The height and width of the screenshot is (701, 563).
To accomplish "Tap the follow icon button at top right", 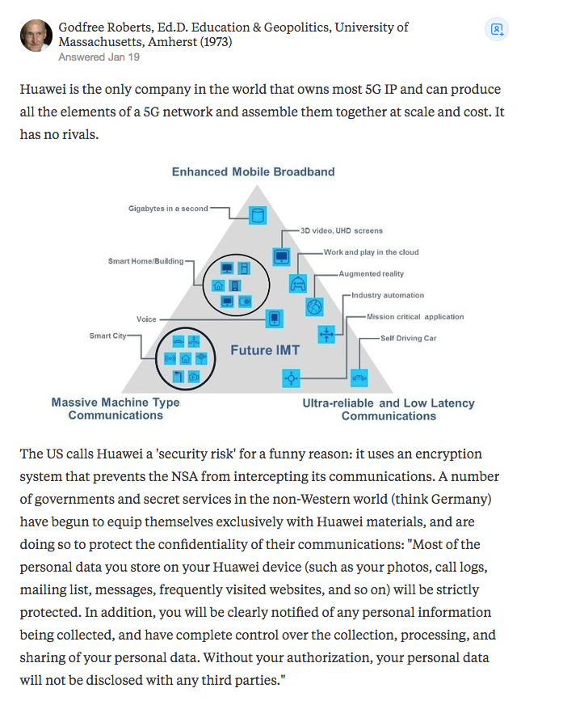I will point(497,31).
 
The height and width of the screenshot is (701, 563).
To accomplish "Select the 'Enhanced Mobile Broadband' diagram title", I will point(253,171).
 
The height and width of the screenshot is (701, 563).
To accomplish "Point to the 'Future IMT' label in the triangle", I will point(265,350).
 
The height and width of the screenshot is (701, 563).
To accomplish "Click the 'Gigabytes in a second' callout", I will point(168,209).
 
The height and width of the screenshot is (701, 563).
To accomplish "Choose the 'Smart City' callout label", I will point(107,336).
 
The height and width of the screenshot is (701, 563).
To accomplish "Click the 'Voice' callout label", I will point(146,319).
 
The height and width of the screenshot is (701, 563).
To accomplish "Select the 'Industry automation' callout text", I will point(387,295).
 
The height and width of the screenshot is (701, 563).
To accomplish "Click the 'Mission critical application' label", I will point(415,317).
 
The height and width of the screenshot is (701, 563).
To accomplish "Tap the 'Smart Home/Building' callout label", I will point(145,261).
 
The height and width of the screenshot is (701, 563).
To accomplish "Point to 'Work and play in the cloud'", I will point(371,252).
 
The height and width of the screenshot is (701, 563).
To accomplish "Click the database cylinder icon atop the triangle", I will point(258,216).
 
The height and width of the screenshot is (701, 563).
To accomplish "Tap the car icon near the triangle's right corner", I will point(359,377).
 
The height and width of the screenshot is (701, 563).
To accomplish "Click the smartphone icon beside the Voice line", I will point(275,319).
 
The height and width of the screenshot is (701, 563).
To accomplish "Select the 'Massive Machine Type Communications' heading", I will point(116,408).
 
